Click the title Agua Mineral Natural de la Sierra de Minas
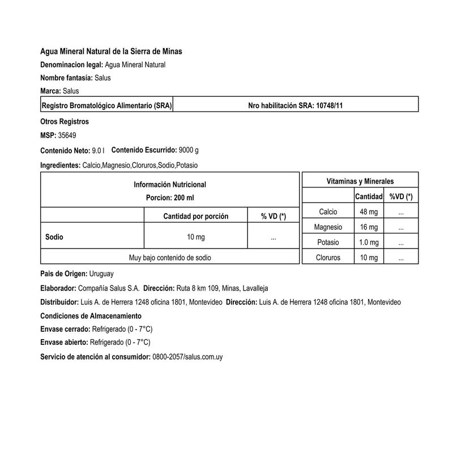click(111, 52)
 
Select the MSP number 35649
click(67, 135)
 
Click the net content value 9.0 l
click(98, 151)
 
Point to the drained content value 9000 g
click(188, 151)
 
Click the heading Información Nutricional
click(169, 185)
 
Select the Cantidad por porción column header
click(195, 216)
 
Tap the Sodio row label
click(54, 238)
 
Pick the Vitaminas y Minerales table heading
click(360, 181)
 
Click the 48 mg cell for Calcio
click(368, 212)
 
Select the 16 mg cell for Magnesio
click(368, 227)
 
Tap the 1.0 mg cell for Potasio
click(368, 242)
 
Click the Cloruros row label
click(329, 258)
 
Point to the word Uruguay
click(102, 273)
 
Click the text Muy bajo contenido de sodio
click(169, 258)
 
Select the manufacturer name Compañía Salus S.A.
click(108, 288)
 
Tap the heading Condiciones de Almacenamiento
click(91, 315)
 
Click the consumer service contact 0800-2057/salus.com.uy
click(187, 357)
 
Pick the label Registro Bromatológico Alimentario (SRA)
click(107, 105)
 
